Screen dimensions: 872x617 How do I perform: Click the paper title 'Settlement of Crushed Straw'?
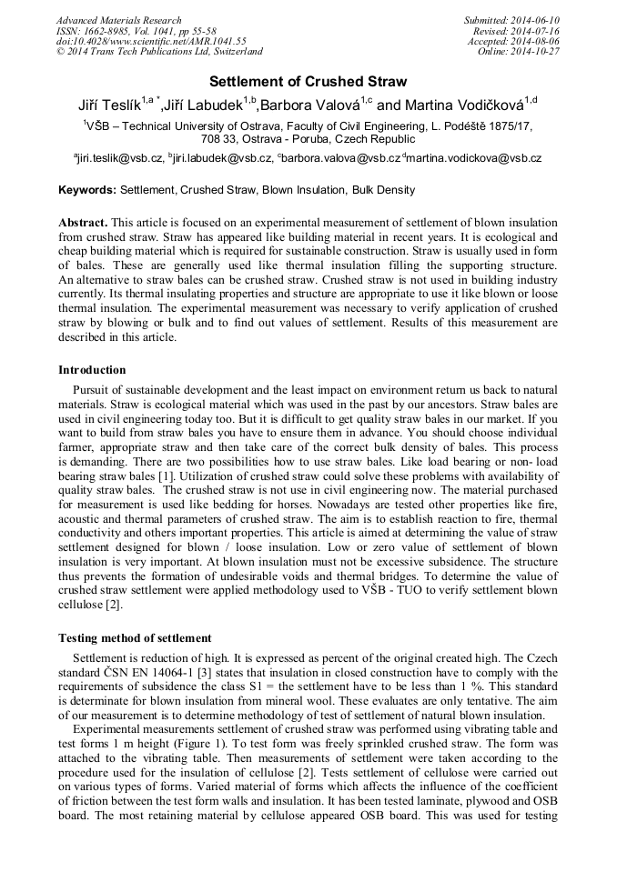[x=308, y=82]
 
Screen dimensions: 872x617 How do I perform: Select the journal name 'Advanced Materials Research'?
[x=118, y=20]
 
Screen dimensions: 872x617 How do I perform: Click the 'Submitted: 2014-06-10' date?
[x=511, y=20]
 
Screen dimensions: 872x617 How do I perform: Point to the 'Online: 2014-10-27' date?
[x=518, y=52]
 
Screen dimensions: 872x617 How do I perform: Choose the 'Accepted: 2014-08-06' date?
[x=513, y=42]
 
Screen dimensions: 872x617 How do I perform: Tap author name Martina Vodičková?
[x=465, y=105]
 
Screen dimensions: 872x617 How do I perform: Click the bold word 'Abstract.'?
[x=83, y=223]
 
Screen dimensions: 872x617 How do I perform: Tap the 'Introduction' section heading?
[x=92, y=370]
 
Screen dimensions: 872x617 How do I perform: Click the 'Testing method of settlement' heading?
[x=135, y=638]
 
